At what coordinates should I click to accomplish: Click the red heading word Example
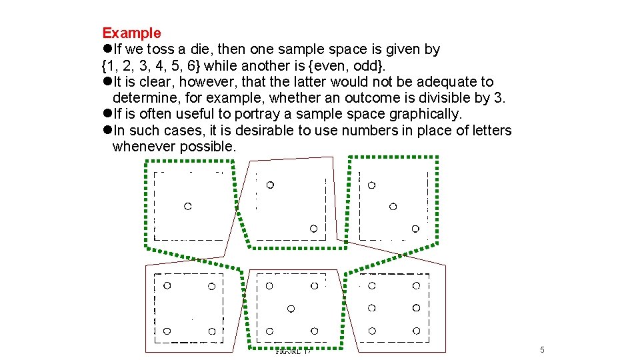[131, 33]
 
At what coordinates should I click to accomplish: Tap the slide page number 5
[542, 350]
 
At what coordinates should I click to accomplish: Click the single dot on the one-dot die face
[188, 207]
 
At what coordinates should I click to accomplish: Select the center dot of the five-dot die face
[291, 308]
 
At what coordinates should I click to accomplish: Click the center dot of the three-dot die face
[393, 207]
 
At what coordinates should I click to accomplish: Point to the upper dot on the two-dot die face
[270, 185]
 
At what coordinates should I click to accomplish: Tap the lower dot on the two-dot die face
[313, 229]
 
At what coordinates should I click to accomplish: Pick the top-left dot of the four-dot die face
[167, 285]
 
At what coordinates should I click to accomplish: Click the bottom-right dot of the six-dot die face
[416, 331]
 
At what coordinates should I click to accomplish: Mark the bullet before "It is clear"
[107, 82]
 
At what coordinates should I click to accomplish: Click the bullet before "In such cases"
[107, 131]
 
